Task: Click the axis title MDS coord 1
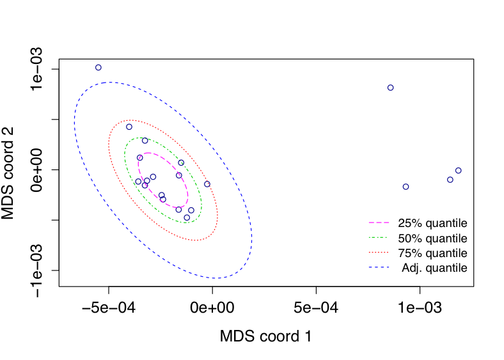(265, 336)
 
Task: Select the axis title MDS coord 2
(9, 173)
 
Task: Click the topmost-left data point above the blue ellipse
(98, 67)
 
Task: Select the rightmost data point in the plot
(458, 171)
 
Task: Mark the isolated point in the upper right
(390, 88)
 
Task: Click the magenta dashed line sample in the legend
(380, 224)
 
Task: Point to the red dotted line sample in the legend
(380, 253)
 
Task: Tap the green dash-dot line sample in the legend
(380, 239)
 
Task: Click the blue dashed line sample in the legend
(380, 268)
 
